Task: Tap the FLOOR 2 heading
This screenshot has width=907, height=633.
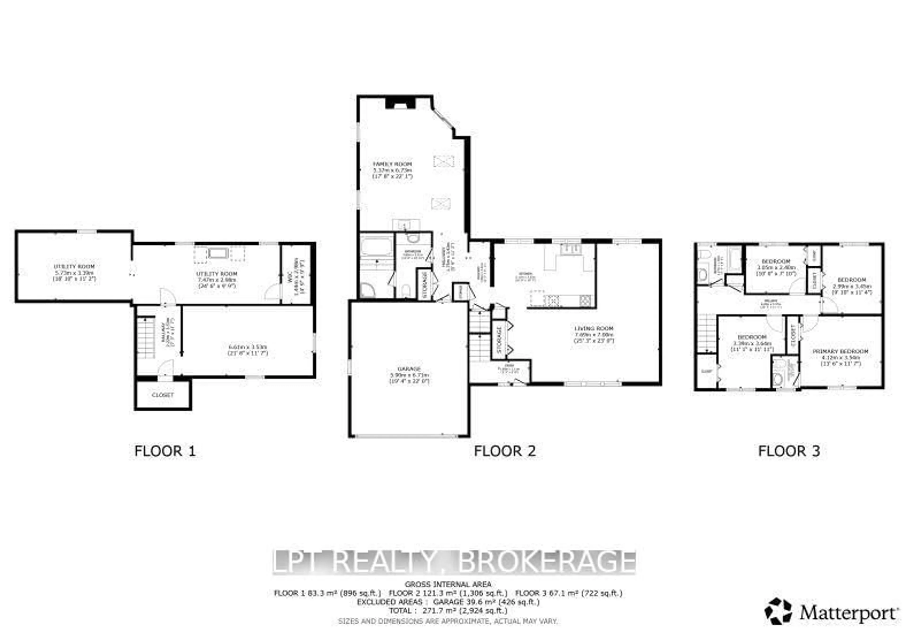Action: coord(505,451)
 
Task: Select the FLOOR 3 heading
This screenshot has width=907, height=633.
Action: coord(789,451)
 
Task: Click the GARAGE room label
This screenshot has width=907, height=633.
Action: coord(409,368)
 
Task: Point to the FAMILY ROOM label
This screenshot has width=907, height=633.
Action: coord(393,164)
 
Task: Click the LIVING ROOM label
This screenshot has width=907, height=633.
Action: coord(594,328)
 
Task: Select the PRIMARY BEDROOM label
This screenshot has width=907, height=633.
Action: coord(840,351)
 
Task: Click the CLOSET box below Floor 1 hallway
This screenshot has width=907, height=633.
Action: coord(163,395)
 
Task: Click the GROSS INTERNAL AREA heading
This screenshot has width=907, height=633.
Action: coord(448,584)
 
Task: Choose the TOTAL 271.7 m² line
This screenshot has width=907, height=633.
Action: coord(448,611)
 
